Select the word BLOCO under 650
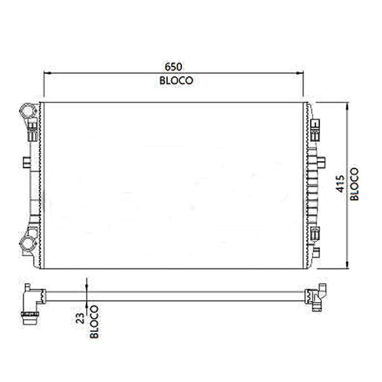(x=176, y=81)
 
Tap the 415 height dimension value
(x=340, y=184)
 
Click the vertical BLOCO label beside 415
(x=354, y=184)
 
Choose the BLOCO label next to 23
(x=94, y=321)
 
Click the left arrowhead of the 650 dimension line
(x=46, y=73)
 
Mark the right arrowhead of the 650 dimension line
(x=300, y=73)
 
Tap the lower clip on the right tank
(x=315, y=234)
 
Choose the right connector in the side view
(x=317, y=297)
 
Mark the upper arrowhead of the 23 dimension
(x=86, y=286)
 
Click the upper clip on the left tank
(x=32, y=129)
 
